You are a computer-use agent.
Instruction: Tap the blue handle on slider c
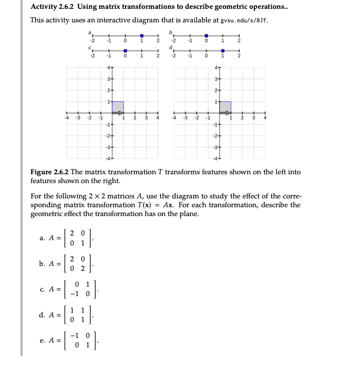tap(125, 51)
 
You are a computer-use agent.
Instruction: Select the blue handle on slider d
tap(222, 51)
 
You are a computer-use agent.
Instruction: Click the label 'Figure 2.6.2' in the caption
tap(51, 172)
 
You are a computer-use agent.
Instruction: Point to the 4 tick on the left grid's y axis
tap(108, 68)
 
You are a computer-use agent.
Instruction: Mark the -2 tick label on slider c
tap(91, 57)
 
